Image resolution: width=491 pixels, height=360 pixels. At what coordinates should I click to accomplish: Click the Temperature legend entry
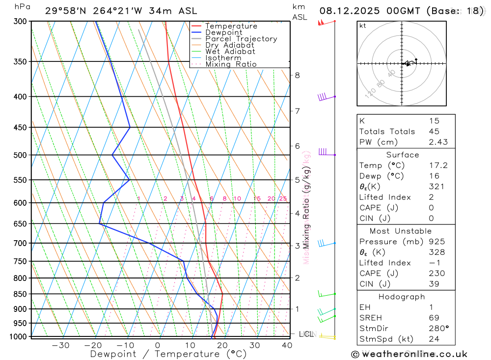231,26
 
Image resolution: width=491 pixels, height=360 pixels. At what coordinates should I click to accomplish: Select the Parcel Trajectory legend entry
241,39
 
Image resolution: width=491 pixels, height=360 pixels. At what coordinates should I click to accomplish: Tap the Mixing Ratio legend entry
231,64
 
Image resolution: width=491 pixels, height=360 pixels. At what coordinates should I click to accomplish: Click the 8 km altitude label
297,75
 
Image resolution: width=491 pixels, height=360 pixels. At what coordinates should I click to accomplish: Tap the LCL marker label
306,334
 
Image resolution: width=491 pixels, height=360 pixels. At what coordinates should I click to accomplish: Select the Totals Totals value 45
434,131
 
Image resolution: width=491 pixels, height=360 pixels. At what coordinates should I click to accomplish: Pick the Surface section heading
402,155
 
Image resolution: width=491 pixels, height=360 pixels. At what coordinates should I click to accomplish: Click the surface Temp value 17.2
438,166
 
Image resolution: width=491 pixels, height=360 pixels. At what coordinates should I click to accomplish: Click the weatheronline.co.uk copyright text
409,354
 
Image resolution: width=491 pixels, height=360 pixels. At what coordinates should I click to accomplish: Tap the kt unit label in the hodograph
363,26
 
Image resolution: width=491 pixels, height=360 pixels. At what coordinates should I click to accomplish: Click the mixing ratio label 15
257,198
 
